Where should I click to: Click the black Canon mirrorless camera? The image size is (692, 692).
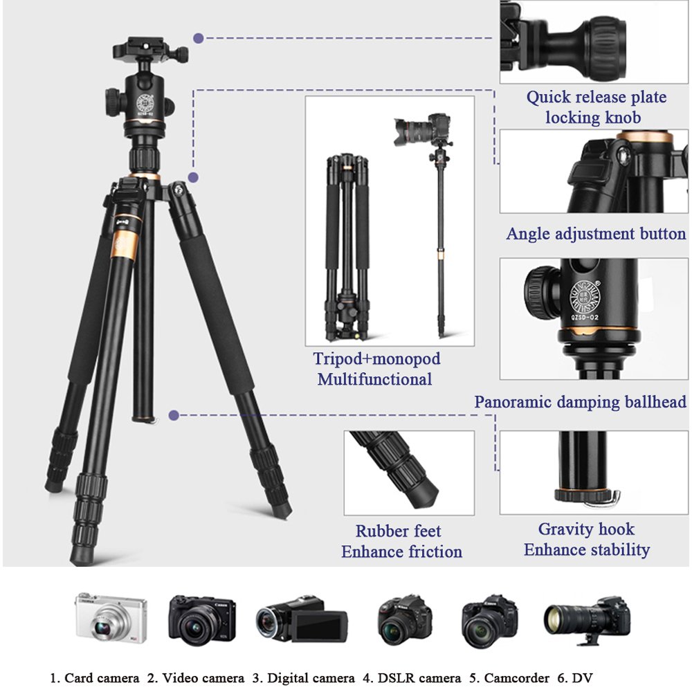201,618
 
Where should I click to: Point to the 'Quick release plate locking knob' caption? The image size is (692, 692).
596,107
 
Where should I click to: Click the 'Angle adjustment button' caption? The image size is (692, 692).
596,234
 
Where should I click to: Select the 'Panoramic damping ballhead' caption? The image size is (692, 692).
580,402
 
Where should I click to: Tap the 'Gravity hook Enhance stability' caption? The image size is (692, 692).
586,540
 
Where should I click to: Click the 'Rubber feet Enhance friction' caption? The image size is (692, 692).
401,541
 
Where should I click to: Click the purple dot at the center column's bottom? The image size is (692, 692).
174,415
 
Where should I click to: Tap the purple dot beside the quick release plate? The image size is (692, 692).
199,38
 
